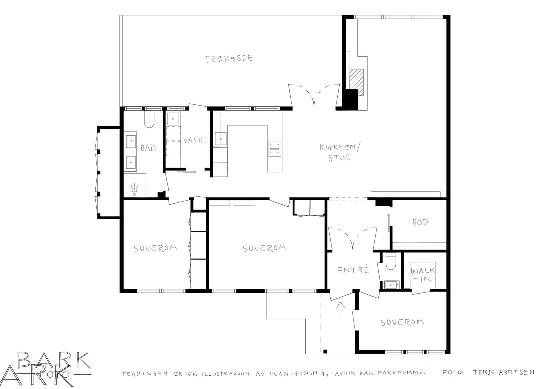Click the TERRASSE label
[228, 59]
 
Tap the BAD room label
[148, 148]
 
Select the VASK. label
[195, 140]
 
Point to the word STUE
[340, 158]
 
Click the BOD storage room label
[420, 222]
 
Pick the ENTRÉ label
[353, 270]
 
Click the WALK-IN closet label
[423, 275]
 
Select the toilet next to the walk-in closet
[390, 262]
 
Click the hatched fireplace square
[357, 80]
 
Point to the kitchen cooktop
[274, 149]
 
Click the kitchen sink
[221, 139]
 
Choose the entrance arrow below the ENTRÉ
[340, 309]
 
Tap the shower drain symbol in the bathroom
[135, 190]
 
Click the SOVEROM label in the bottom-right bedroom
[402, 322]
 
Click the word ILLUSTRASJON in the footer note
[225, 374]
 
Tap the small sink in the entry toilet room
[392, 285]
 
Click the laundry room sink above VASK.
[173, 119]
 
